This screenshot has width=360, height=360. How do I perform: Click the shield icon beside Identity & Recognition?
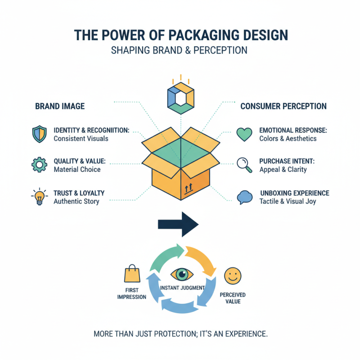39,134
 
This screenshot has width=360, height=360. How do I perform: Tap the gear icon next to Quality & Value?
39,165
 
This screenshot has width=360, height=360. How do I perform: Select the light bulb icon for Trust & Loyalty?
39,196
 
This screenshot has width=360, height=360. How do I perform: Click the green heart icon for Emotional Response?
244,134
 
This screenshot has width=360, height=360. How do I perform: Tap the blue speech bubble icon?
244,197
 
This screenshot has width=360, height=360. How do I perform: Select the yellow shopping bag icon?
132,274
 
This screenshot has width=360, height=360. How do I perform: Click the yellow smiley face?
232,275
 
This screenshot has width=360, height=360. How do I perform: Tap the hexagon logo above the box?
180,96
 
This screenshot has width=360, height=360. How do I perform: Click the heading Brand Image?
60,106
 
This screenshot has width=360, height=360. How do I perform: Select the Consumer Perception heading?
283,106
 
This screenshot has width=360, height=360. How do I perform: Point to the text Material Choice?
77,170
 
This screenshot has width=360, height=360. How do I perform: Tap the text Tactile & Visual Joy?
288,201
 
